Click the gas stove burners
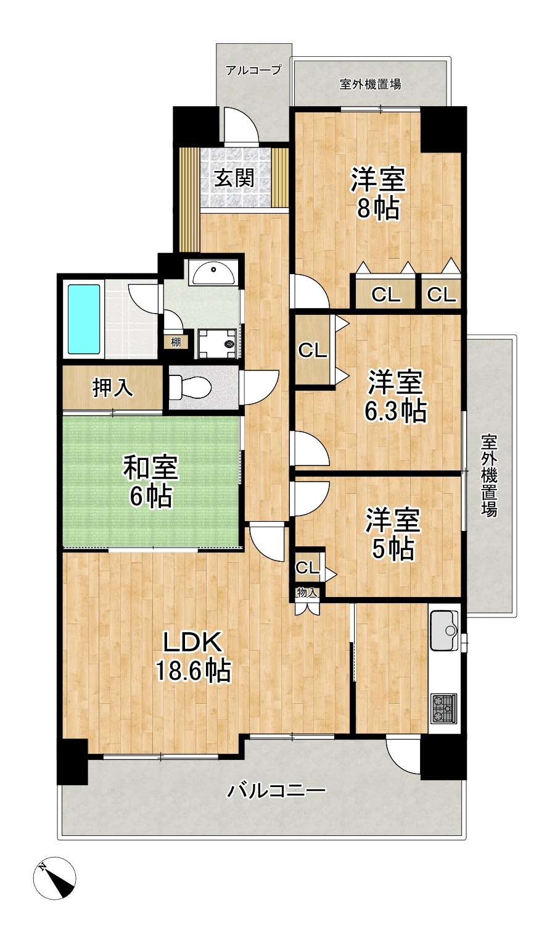pos(444,709)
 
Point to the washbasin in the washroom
pos(213,273)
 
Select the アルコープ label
pos(253,70)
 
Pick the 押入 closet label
pos(112,388)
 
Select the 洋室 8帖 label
pos(377,194)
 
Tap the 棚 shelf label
pos(175,341)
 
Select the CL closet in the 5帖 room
pos(307,567)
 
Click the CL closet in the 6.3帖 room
pos(313,351)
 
